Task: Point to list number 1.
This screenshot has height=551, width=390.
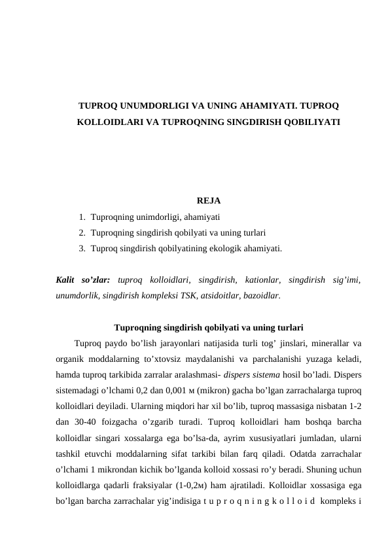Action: tap(80, 216)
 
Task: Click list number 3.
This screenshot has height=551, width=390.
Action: tap(80, 249)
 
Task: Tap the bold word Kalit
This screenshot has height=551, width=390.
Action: tap(67, 280)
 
